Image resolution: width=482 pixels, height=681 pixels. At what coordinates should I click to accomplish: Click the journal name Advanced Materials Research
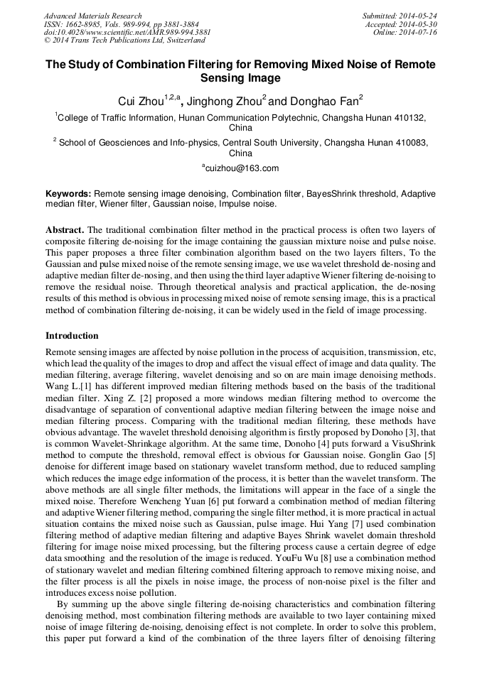92,16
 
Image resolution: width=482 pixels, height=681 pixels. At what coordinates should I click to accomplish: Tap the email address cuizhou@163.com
242,168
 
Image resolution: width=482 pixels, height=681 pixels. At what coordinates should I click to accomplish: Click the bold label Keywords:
68,193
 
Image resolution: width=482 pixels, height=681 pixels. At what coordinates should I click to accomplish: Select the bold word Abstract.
65,230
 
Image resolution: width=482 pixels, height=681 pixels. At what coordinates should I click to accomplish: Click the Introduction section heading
72,335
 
